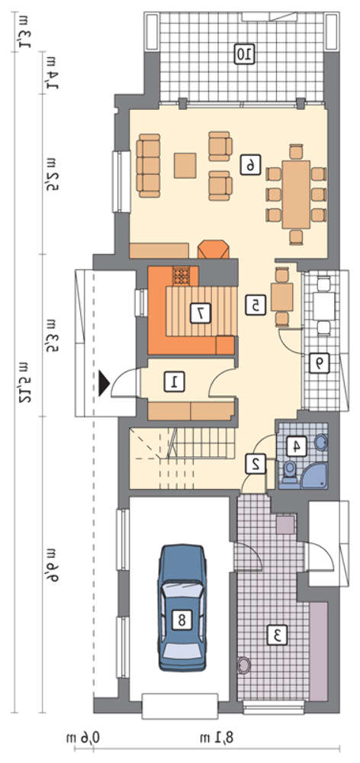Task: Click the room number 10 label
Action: [244, 53]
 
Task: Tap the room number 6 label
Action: [250, 166]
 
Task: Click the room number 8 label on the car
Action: [182, 619]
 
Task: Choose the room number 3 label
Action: [278, 635]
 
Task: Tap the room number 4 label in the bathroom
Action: [296, 446]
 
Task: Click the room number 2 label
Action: [256, 463]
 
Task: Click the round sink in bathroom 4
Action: [320, 442]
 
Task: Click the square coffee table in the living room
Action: [185, 166]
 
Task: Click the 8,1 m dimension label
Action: [222, 738]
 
